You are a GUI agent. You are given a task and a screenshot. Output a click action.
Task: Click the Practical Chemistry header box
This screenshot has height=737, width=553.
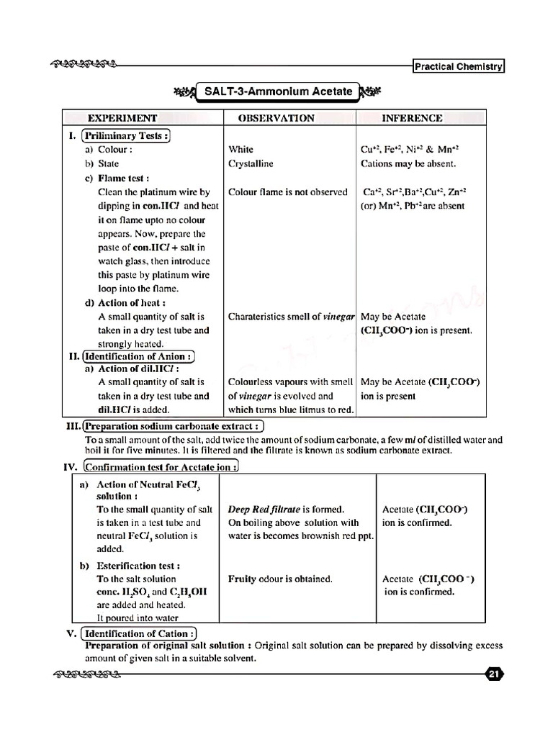coord(459,67)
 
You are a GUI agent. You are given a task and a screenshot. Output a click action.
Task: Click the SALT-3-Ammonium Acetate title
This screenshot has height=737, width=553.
coord(278,91)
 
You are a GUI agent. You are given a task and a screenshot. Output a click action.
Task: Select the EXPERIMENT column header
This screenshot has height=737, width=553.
coord(122,118)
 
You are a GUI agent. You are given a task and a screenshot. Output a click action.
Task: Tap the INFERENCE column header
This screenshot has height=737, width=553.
coord(412,118)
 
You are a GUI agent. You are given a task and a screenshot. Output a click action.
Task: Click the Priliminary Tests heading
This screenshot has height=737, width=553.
coord(126,135)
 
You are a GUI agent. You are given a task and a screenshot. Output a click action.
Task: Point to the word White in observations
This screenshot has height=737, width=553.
coord(240,150)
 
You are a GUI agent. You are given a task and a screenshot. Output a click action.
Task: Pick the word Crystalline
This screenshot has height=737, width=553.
coord(251,163)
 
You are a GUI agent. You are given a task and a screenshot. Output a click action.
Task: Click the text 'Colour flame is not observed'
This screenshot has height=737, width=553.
coord(287,192)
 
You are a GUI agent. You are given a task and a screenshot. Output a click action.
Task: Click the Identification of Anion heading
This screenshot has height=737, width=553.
coord(140,356)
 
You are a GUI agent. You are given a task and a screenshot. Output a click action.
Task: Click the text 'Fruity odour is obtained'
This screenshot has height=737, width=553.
coord(280,579)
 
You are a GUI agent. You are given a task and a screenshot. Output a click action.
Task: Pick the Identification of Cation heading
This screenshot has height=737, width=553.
coord(139,633)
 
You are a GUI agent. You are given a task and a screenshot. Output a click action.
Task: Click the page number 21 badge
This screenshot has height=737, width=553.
coord(493,674)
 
